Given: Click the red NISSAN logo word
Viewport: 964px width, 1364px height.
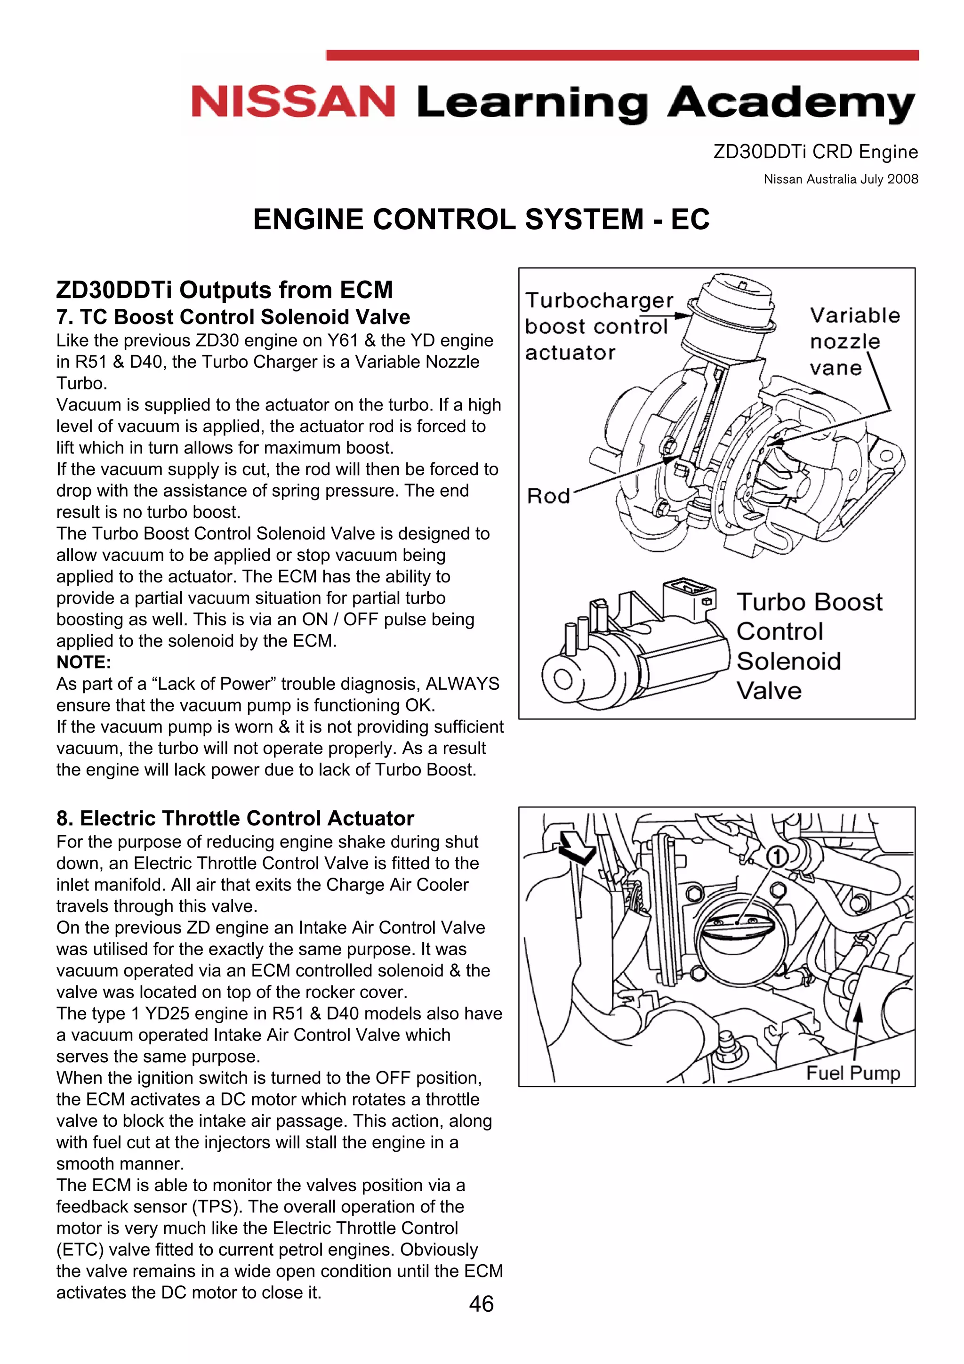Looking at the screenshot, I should coord(293,102).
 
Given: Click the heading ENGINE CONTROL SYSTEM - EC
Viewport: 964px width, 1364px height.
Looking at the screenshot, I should coord(481,219).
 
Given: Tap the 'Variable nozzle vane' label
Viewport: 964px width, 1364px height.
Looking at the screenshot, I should coord(854,342).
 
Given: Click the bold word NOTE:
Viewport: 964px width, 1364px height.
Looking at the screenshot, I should coord(84,662).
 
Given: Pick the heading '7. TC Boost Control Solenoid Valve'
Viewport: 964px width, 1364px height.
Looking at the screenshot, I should coord(233,317).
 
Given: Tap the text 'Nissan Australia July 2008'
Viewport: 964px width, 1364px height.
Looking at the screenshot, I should coord(841,179).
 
